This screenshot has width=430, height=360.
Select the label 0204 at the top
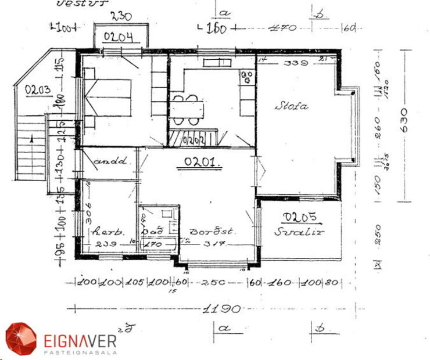point(119,38)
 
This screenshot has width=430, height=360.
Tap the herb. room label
point(105,231)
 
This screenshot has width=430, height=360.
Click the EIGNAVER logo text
point(80,339)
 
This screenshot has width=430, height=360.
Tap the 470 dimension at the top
point(284,27)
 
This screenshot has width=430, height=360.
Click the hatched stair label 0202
point(191,139)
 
